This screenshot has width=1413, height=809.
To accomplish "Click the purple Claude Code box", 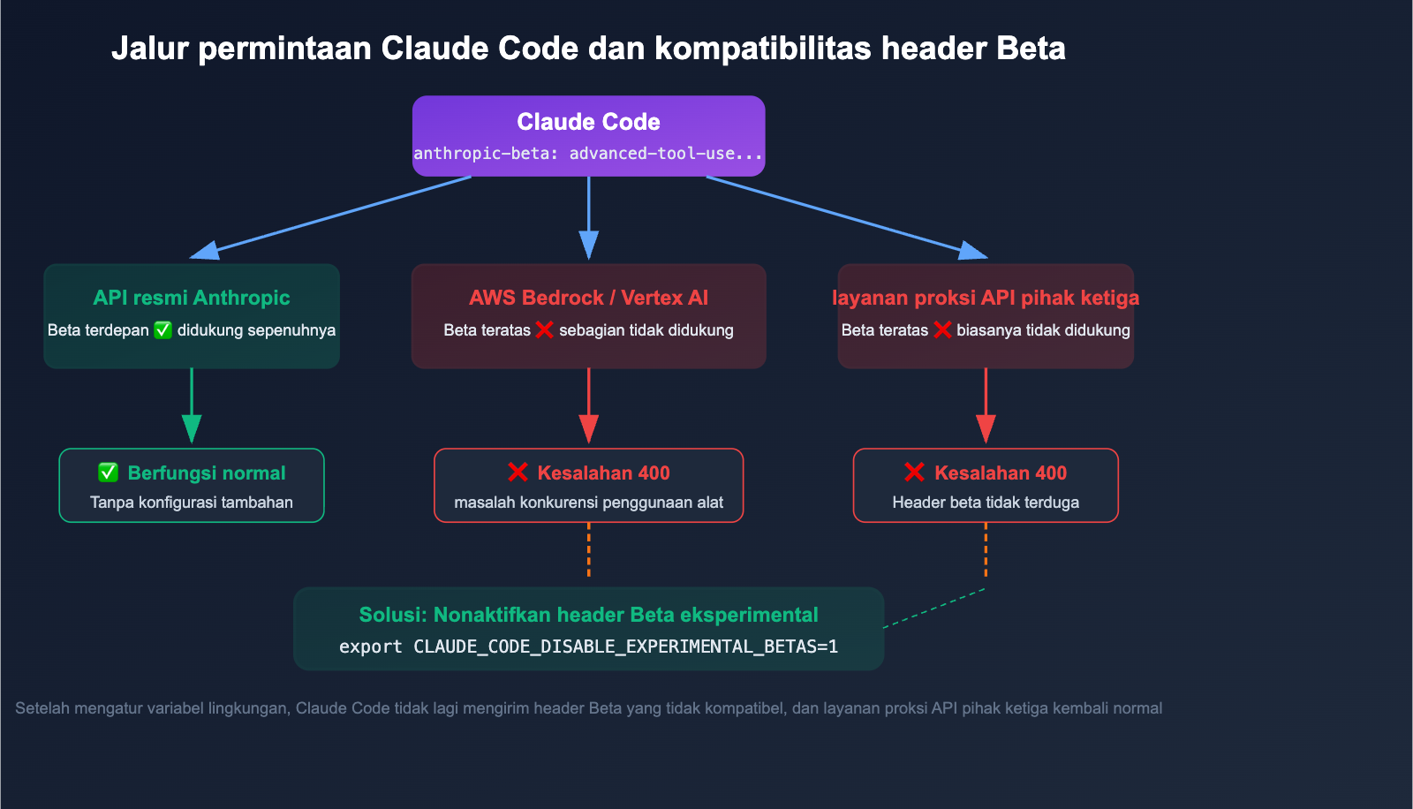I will point(588,135).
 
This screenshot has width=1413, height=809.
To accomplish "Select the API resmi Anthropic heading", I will point(192,298).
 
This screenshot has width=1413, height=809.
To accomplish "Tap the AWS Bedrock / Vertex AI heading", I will point(588,298).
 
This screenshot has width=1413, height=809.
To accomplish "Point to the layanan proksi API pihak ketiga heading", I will point(986,298).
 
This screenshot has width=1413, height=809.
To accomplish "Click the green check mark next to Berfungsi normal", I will point(109,473).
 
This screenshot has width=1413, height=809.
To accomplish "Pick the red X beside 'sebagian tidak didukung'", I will point(545,330).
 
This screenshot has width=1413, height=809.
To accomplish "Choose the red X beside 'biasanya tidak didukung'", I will point(942,330).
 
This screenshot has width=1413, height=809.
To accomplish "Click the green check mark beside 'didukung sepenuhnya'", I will point(163,330).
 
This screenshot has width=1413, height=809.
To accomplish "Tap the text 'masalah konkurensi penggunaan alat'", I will point(588,503).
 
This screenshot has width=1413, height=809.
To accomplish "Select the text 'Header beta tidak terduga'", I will point(986,503).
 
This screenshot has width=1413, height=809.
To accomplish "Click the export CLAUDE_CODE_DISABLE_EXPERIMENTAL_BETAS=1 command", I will point(588,646).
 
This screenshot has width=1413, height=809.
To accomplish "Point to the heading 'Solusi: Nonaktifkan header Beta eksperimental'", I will point(588,615).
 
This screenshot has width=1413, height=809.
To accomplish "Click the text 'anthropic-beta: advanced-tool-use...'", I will point(588,154).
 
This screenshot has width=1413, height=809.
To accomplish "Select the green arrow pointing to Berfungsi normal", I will point(192,406).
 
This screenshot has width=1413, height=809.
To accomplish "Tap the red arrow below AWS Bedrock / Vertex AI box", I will point(588,406).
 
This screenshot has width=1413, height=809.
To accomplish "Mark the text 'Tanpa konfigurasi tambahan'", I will point(192,503).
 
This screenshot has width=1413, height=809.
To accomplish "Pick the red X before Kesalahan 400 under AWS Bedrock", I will point(518,473).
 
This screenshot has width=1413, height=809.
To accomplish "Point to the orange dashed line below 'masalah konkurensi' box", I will point(588,549).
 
